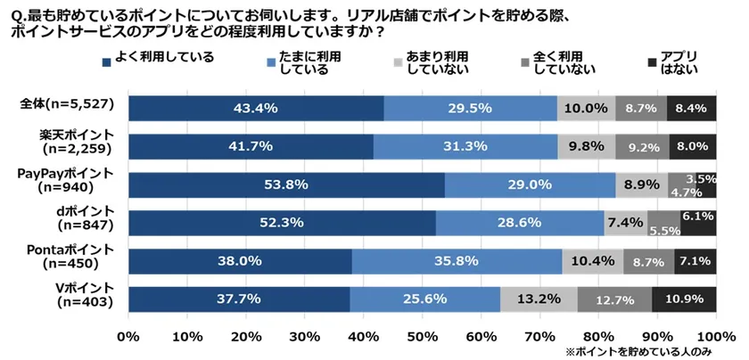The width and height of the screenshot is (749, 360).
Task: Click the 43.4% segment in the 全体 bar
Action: [256, 108]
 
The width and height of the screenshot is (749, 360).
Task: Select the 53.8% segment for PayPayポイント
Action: [286, 184]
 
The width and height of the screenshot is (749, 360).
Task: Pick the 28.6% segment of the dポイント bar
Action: [520, 223]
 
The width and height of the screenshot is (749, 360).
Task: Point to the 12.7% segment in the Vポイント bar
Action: [614, 299]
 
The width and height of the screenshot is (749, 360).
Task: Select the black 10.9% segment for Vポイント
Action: [684, 299]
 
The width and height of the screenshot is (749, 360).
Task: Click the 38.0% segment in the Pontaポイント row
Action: [240, 261]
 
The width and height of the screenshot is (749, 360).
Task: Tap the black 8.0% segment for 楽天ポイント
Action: [693, 146]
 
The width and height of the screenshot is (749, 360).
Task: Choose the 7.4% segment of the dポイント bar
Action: [626, 223]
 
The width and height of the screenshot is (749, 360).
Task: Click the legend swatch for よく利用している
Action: [107, 62]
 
